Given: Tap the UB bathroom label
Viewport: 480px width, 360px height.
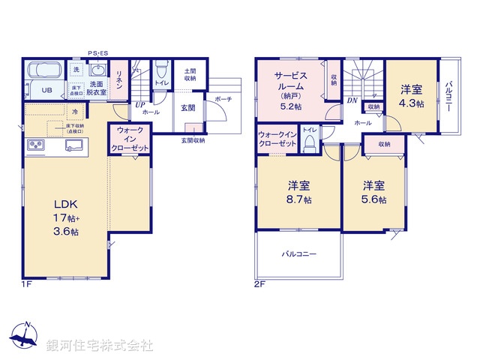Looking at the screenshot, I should pos(46,91).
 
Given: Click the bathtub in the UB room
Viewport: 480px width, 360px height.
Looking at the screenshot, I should pos(46,73).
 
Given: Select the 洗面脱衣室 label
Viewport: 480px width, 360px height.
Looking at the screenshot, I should pos(96,88).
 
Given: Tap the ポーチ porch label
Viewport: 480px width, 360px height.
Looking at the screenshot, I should pos(223,99).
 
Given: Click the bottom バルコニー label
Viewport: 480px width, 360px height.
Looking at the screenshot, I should pos(298,253).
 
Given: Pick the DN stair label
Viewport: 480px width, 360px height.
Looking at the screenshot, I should pos(352,100).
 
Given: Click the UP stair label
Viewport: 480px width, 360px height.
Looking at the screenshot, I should pos(140,104).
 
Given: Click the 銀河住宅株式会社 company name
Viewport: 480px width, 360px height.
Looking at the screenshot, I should pos(100,346).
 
